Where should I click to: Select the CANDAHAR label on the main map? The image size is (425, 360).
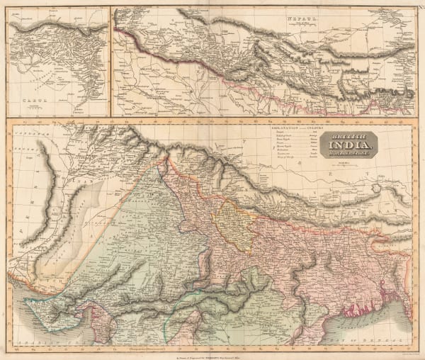pos(32,133)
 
